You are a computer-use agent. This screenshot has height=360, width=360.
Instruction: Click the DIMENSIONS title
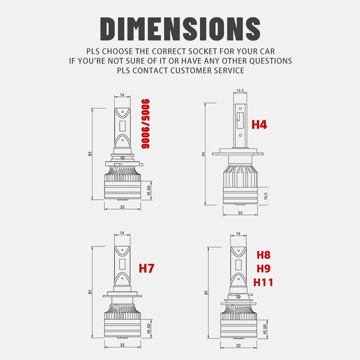[180, 28]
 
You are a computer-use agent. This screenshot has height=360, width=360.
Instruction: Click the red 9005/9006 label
[145, 123]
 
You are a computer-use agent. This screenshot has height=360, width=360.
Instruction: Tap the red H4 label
[259, 124]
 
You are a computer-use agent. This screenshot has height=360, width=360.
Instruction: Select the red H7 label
[146, 269]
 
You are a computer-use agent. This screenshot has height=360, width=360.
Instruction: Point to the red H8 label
[264, 255]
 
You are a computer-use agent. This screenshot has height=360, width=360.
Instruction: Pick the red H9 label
[264, 269]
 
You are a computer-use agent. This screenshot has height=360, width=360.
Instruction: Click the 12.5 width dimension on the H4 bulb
[239, 91]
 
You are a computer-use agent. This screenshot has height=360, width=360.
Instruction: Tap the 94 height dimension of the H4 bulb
[203, 154]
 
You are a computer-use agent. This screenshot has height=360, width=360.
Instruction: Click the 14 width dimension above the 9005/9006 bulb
[122, 95]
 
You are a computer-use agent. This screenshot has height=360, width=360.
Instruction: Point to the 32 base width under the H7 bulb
[122, 346]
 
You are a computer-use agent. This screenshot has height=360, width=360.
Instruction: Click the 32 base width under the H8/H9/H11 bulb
[239, 346]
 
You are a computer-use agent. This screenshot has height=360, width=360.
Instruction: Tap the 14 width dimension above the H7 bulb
[122, 233]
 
